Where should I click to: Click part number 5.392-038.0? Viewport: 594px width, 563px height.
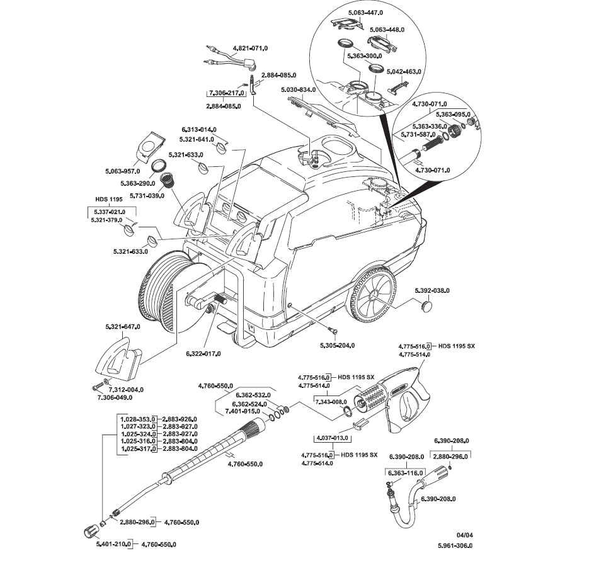433,290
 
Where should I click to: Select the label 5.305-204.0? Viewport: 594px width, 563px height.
337,345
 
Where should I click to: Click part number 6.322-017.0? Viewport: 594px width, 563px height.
203,353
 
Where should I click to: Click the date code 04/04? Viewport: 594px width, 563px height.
465,535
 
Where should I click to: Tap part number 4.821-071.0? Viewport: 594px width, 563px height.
251,48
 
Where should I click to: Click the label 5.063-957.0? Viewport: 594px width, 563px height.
122,171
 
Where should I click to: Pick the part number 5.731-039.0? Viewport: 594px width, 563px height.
146,195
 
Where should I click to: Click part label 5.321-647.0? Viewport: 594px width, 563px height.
123,326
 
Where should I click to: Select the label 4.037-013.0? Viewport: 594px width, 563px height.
331,438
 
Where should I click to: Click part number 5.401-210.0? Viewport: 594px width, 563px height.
113,543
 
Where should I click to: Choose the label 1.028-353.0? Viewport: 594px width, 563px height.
138,418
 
